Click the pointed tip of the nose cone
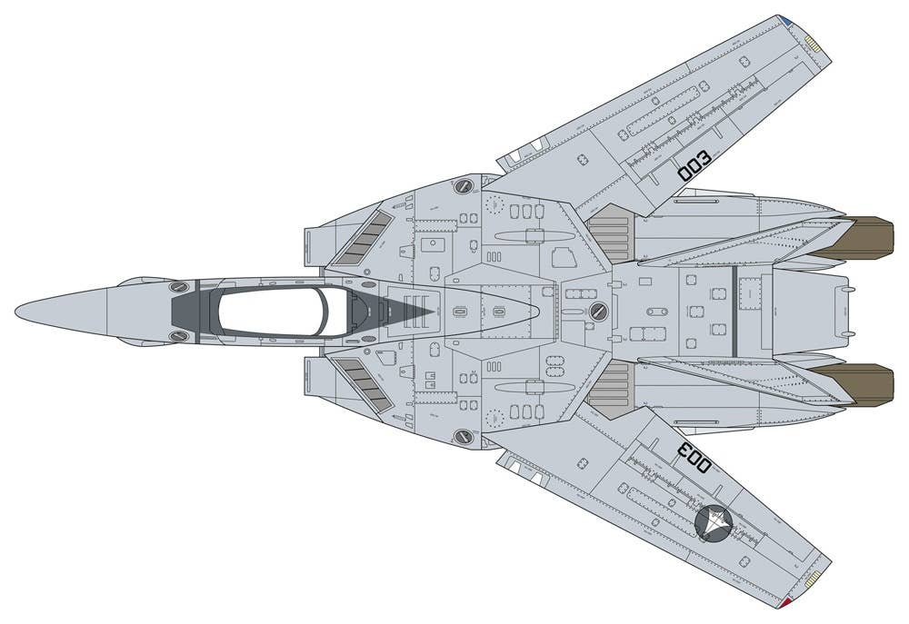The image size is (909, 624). pyautogui.click(x=16, y=312)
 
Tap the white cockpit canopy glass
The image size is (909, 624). pyautogui.click(x=273, y=312)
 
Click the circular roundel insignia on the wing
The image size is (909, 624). pyautogui.click(x=713, y=521)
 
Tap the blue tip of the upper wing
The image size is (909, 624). pyautogui.click(x=785, y=19)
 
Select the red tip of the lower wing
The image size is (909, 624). pyautogui.click(x=785, y=602)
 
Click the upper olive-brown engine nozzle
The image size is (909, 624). pyautogui.click(x=864, y=238)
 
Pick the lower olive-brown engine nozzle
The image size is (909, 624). pyautogui.click(x=864, y=385)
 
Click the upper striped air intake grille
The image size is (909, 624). pyautogui.click(x=361, y=238)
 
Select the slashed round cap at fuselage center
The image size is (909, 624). pyautogui.click(x=597, y=312)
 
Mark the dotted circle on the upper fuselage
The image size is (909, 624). pyautogui.click(x=494, y=203)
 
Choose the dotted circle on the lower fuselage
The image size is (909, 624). pyautogui.click(x=494, y=419)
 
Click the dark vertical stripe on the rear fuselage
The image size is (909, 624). pyautogui.click(x=733, y=312)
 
